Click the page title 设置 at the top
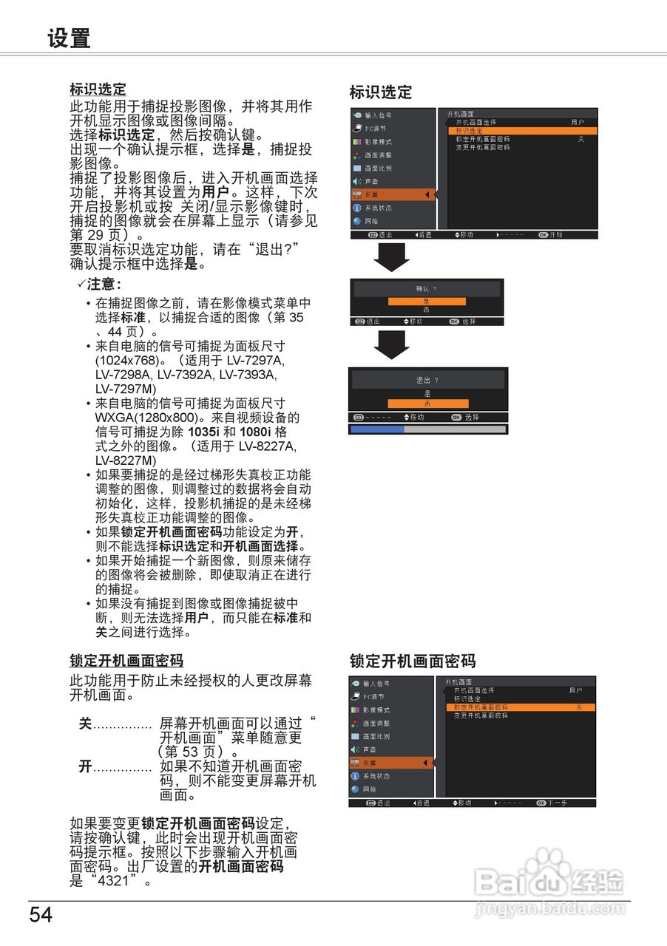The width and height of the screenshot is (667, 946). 69,39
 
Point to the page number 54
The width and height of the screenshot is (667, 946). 41,915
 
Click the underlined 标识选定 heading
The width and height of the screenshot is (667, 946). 98,90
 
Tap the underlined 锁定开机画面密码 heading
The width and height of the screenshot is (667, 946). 126,661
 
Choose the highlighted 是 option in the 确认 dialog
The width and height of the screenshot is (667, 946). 427,302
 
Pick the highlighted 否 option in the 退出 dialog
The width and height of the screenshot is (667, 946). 428,404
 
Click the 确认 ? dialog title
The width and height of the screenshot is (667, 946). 427,288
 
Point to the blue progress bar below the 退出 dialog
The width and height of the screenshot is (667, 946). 377,429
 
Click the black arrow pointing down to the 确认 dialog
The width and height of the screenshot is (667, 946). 391,256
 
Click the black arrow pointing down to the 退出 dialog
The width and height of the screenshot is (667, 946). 391,344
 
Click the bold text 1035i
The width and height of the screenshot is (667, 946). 203,432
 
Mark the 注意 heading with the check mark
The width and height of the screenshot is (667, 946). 100,285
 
